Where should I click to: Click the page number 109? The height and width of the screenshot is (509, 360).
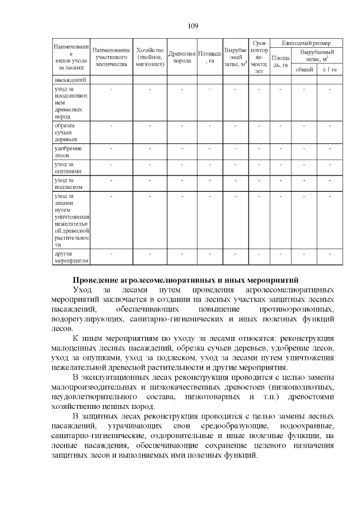(x=192, y=26)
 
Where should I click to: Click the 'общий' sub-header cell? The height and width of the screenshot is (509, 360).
(x=304, y=69)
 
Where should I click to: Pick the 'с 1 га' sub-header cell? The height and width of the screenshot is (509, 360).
(x=330, y=69)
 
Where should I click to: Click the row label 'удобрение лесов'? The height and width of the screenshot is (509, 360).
(x=68, y=151)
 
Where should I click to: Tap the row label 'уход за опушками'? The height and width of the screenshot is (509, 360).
(x=68, y=167)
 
